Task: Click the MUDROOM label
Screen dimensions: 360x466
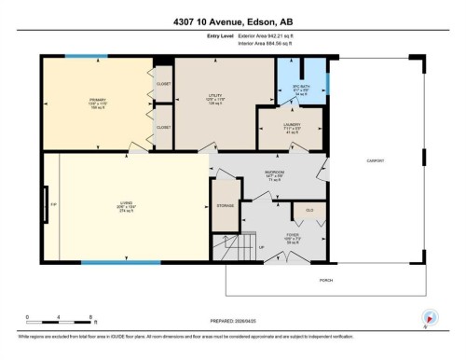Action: click(x=274, y=173)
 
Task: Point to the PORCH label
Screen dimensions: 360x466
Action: click(x=326, y=280)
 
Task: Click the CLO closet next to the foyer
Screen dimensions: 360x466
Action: click(x=309, y=212)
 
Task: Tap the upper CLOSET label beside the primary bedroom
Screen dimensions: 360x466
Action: click(x=164, y=84)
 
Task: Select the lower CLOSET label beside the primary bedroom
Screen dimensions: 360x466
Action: click(x=164, y=127)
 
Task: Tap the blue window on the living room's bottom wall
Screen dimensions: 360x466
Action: click(x=107, y=262)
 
